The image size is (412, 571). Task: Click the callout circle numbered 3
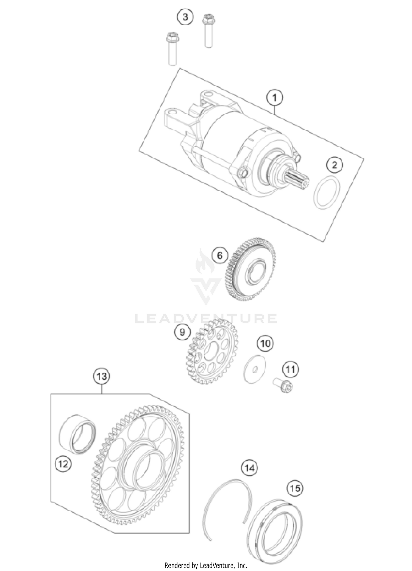(185, 17)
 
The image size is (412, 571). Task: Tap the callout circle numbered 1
(274, 98)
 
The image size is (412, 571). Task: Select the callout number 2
(334, 165)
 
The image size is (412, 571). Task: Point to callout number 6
(220, 256)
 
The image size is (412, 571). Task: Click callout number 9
(182, 332)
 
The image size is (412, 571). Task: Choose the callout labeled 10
(265, 343)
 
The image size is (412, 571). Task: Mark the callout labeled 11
(291, 369)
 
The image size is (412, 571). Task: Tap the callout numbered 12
(63, 464)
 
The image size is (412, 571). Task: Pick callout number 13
(102, 376)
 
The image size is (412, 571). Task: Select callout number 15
(295, 488)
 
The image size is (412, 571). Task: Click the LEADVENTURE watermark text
(206, 319)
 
